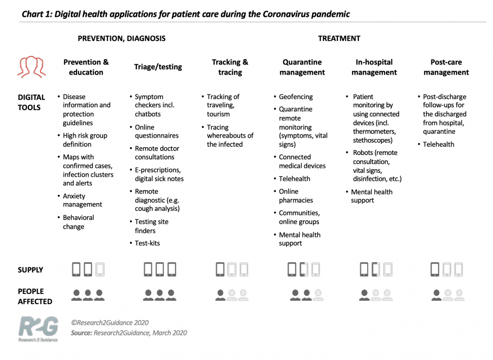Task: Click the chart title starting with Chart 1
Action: click(186, 13)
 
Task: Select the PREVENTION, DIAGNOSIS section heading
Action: click(121, 39)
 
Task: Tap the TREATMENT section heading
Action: click(339, 39)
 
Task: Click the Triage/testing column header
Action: click(158, 67)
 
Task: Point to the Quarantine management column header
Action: click(302, 67)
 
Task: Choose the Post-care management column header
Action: click(446, 67)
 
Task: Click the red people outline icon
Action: click(32, 67)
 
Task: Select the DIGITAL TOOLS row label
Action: click(31, 102)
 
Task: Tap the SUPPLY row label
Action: click(30, 270)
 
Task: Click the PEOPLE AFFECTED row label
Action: click(35, 296)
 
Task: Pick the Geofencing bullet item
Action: click(296, 97)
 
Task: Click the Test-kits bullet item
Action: click(147, 243)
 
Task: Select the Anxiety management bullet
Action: click(82, 200)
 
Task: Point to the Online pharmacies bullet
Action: click(296, 196)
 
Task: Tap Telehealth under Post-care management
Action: click(438, 144)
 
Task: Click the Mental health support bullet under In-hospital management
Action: click(371, 196)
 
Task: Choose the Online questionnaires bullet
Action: click(156, 131)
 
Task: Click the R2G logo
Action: click(38, 329)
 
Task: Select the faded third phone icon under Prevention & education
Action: click(100, 270)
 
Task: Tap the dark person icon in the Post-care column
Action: click(437, 295)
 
